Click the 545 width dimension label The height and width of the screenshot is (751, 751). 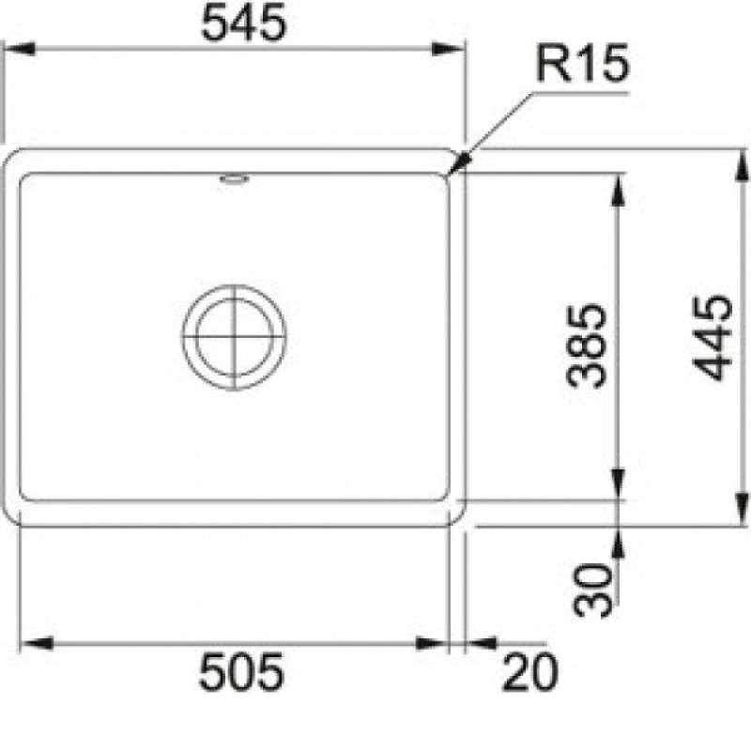(244, 23)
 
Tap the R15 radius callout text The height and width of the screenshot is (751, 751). (581, 63)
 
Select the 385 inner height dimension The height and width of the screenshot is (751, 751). (586, 345)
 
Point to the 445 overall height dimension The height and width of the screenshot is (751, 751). (713, 338)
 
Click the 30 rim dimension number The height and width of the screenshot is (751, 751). (592, 590)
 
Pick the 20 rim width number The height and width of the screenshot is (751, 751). (529, 671)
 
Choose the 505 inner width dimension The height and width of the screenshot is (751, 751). (241, 672)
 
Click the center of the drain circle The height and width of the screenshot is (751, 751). (234, 337)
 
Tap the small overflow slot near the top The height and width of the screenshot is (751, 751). (234, 179)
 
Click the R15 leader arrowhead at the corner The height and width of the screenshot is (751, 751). (460, 161)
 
